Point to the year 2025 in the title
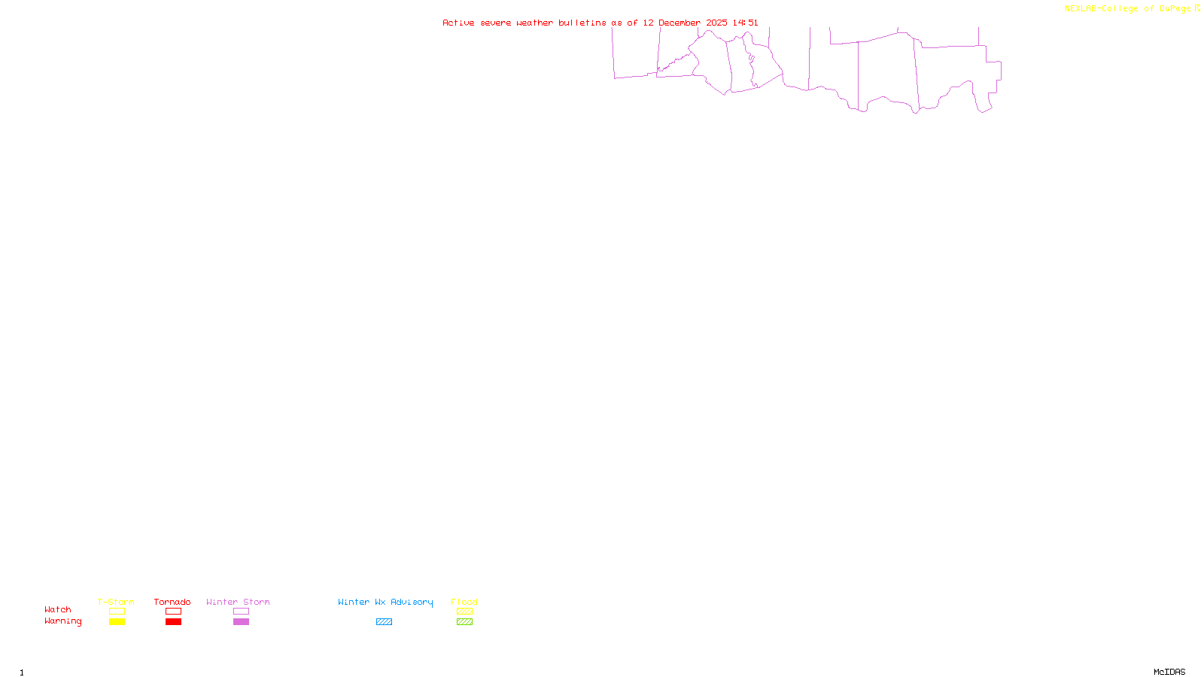click(x=716, y=23)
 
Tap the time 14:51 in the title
click(x=745, y=23)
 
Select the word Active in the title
click(x=458, y=23)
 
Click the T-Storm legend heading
click(x=116, y=602)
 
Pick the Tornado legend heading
click(x=172, y=602)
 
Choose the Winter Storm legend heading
click(x=238, y=602)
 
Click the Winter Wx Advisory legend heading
click(x=385, y=602)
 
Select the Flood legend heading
click(x=464, y=602)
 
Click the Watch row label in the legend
click(x=58, y=610)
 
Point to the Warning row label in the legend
click(x=62, y=621)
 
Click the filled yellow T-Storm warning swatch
click(x=117, y=622)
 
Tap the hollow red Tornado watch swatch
click(x=173, y=612)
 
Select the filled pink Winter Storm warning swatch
click(x=241, y=622)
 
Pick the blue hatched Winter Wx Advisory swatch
click(x=384, y=622)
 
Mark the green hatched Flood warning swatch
click(x=464, y=622)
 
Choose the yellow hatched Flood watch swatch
click(x=464, y=612)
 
